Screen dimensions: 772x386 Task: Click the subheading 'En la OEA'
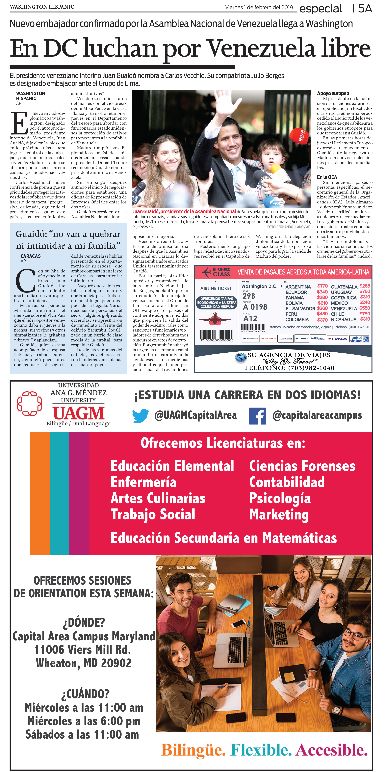click(x=327, y=177)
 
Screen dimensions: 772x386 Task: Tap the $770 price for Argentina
click(x=322, y=286)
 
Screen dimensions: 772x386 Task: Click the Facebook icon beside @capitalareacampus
click(x=257, y=416)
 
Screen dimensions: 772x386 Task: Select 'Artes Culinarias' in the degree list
click(x=158, y=498)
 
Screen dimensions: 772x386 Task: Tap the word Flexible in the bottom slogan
click(x=261, y=750)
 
